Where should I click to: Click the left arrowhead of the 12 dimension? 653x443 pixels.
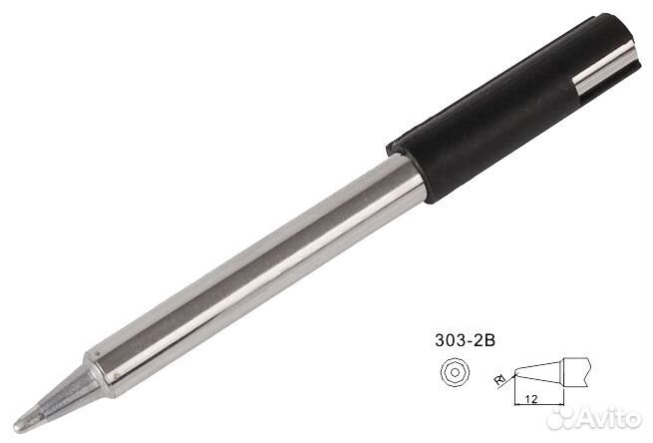pyautogui.click(x=517, y=406)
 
